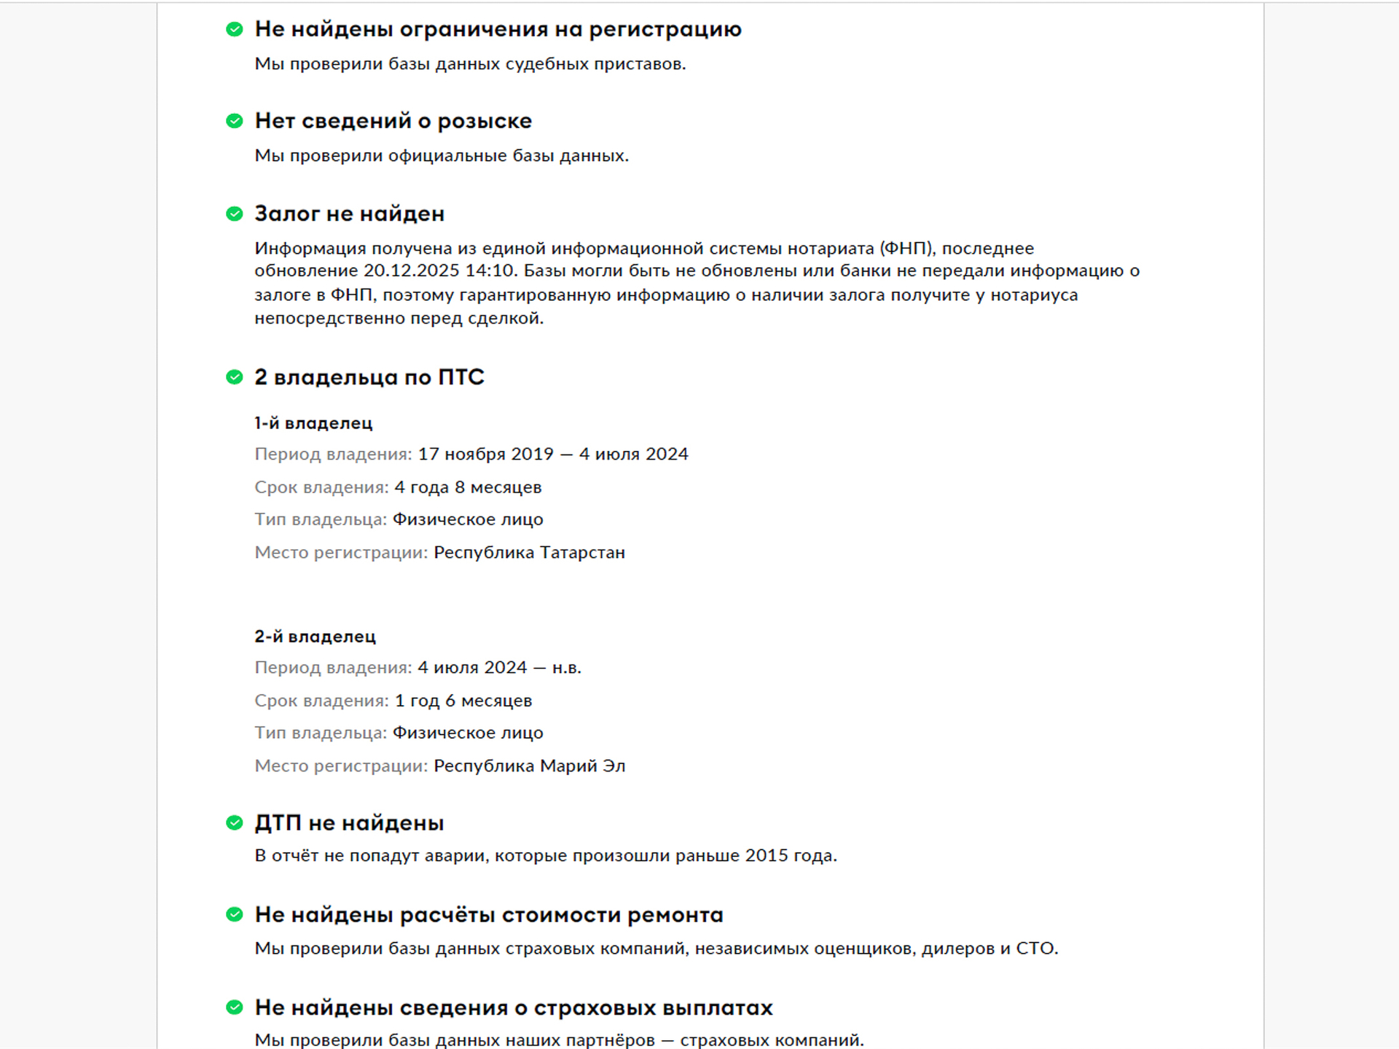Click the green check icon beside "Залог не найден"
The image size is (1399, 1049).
[234, 213]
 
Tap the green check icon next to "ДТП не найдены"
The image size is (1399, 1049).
[234, 822]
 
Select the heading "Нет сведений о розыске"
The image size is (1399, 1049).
[393, 121]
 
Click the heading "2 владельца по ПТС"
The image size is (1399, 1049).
[369, 377]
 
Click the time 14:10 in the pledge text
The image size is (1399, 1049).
[492, 271]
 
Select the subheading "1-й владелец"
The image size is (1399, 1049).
[313, 423]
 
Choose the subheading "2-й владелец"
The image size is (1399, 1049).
[315, 637]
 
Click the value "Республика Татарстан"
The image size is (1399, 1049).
[529, 553]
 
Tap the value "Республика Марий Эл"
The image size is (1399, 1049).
[529, 766]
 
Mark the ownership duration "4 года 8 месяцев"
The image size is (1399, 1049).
[468, 487]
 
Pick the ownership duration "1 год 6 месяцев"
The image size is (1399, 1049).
[463, 701]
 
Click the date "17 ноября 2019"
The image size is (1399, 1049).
[485, 455]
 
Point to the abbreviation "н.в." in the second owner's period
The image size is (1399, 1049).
[566, 668]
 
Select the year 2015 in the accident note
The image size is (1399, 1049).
[767, 856]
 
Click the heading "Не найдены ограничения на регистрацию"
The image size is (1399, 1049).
[498, 29]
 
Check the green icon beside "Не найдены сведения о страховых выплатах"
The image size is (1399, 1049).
[234, 1007]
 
